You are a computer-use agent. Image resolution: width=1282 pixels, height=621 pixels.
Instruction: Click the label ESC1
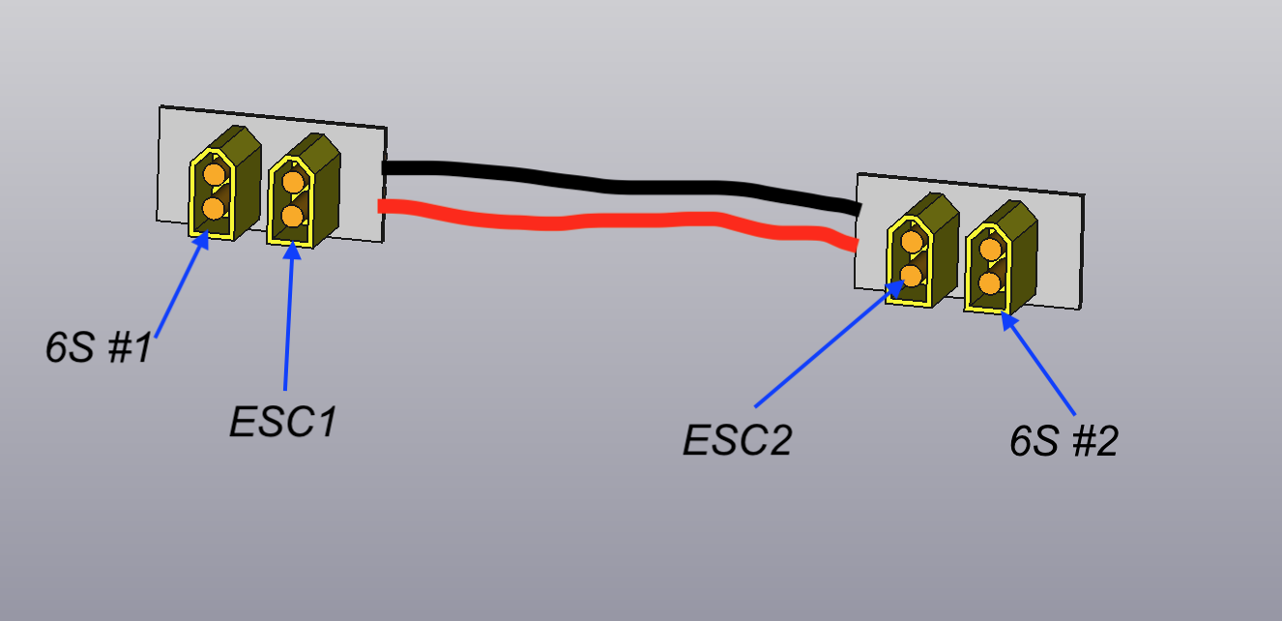(282, 422)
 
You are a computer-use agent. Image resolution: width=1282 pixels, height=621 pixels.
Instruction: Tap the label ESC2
(737, 441)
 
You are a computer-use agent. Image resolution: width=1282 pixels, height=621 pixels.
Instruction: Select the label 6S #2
(1063, 442)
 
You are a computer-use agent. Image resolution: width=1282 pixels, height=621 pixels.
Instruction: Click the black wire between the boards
(619, 184)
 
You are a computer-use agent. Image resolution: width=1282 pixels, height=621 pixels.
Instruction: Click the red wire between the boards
(619, 220)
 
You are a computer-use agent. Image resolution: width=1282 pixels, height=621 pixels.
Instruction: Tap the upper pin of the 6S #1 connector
(214, 175)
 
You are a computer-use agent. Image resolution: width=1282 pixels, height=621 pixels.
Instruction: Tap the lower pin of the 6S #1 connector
(213, 208)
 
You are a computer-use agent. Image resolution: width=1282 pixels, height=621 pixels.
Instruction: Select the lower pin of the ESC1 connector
(291, 214)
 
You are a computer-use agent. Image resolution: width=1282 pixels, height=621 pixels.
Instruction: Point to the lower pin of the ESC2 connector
(911, 276)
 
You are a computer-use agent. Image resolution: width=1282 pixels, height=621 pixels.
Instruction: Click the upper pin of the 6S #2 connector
(989, 249)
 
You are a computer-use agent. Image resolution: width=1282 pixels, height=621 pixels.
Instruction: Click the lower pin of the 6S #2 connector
(988, 282)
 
